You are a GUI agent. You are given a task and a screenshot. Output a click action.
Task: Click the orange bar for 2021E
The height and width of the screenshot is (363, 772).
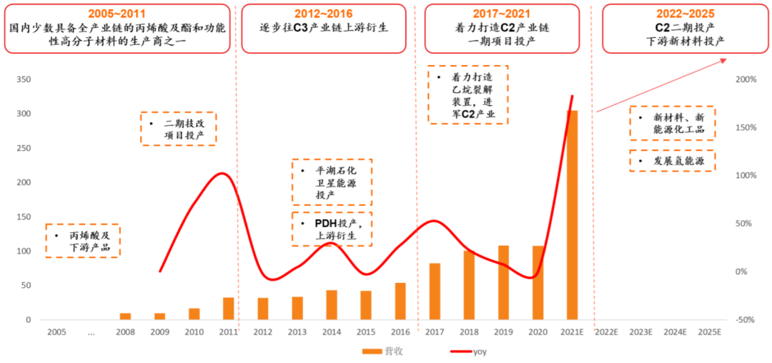pos(572,214)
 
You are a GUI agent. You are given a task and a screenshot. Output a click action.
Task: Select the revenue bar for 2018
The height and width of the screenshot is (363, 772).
pos(469,285)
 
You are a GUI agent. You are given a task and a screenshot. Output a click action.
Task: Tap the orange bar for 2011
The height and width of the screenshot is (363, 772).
pos(228,309)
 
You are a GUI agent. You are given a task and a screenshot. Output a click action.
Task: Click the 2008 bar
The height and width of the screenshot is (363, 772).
pos(125,317)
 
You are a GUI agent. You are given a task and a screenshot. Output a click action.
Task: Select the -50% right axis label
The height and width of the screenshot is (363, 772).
pos(746,320)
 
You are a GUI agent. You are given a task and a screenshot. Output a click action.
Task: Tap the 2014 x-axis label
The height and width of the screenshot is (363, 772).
pos(331,332)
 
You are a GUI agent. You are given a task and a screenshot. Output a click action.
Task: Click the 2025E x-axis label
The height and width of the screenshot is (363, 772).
pos(709,332)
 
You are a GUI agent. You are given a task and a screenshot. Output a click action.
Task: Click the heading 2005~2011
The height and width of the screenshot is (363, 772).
pos(118,13)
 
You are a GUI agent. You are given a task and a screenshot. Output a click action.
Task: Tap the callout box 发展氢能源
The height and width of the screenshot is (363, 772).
pos(672,161)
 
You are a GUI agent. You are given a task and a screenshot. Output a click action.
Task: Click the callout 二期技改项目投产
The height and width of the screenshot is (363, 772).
pos(178,129)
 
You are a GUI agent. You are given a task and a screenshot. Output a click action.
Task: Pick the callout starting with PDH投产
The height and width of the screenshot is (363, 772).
pos(332,229)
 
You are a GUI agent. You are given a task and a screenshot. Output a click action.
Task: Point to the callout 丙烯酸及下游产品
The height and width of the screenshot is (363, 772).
pos(82,241)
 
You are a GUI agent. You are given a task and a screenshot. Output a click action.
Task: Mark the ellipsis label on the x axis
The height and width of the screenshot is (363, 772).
pos(90,332)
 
